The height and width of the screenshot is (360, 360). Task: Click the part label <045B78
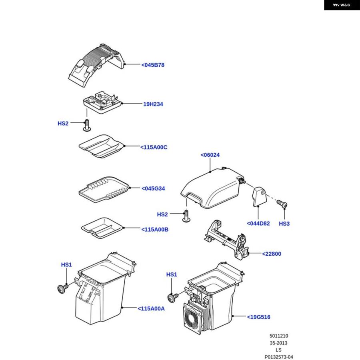pyautogui.click(x=153, y=65)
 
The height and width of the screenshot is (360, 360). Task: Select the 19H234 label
pyautogui.click(x=153, y=104)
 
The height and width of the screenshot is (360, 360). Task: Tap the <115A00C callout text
pyautogui.click(x=154, y=147)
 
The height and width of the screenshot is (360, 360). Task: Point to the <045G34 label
pyautogui.click(x=153, y=188)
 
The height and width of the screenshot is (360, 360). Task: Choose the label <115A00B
pyautogui.click(x=155, y=230)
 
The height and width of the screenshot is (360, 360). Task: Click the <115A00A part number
pyautogui.click(x=151, y=308)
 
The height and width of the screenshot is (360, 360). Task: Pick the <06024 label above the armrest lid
pyautogui.click(x=210, y=155)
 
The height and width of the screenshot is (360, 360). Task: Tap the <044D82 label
pyautogui.click(x=258, y=223)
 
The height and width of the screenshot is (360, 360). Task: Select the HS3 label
pyautogui.click(x=284, y=224)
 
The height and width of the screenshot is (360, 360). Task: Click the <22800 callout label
pyautogui.click(x=272, y=254)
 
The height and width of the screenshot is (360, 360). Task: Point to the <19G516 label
pyautogui.click(x=258, y=317)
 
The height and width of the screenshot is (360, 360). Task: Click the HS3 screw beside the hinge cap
pyautogui.click(x=282, y=204)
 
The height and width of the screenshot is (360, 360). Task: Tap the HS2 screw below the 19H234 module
pyautogui.click(x=87, y=125)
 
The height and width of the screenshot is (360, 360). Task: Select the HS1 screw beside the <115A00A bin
pyautogui.click(x=63, y=288)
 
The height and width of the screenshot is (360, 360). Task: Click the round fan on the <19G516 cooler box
pyautogui.click(x=192, y=318)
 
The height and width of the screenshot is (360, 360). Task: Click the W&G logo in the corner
pyautogui.click(x=342, y=5)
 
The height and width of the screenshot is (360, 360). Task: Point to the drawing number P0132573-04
pyautogui.click(x=279, y=357)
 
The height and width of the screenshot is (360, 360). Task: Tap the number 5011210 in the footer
pyautogui.click(x=279, y=336)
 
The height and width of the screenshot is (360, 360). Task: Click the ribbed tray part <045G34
pyautogui.click(x=104, y=190)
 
